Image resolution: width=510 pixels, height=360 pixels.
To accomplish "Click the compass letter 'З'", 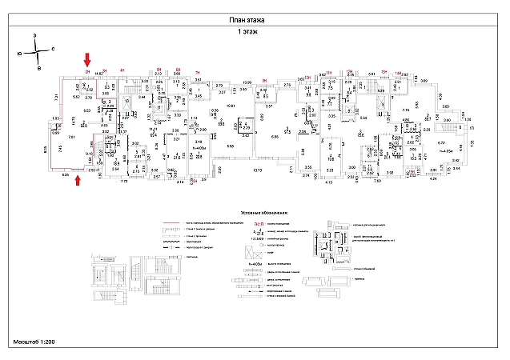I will click(x=36, y=37).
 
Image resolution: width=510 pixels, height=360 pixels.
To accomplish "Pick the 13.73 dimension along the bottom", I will click(x=258, y=170).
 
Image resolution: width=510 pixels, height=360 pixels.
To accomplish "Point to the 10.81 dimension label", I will click(x=231, y=106).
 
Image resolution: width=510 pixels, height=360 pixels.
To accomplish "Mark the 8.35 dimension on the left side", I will click(x=46, y=148).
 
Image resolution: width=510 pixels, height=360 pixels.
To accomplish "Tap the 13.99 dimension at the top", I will click(x=248, y=82).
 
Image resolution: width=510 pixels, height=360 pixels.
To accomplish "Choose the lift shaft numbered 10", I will click(x=126, y=102).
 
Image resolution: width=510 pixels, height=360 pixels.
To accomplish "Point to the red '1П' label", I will click(x=472, y=128).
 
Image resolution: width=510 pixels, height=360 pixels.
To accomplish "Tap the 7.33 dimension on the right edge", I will click(x=472, y=142).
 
